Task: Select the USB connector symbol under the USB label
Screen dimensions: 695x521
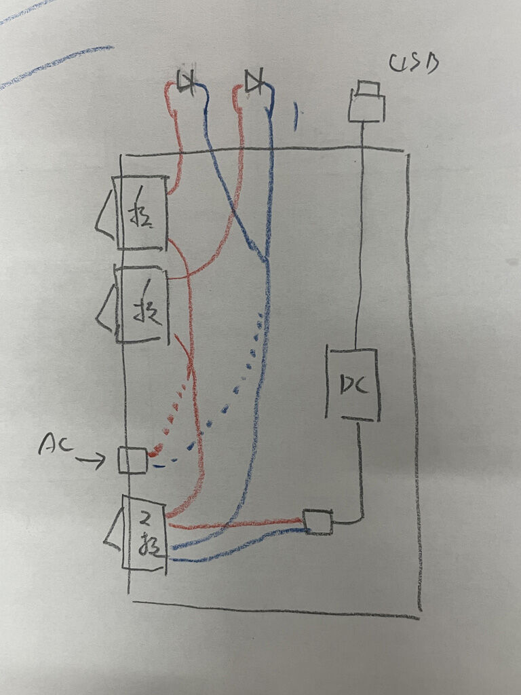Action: tap(367, 102)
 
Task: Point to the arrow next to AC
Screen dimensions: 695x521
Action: tap(90, 462)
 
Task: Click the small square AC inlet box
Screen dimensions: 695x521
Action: tap(132, 460)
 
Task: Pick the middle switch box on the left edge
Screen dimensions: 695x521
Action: tap(141, 305)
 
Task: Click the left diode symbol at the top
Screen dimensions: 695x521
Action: tap(185, 82)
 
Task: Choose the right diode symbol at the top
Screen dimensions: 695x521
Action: tap(253, 82)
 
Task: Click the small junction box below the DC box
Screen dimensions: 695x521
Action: tap(317, 522)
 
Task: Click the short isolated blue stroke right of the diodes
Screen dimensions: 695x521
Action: tap(295, 116)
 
